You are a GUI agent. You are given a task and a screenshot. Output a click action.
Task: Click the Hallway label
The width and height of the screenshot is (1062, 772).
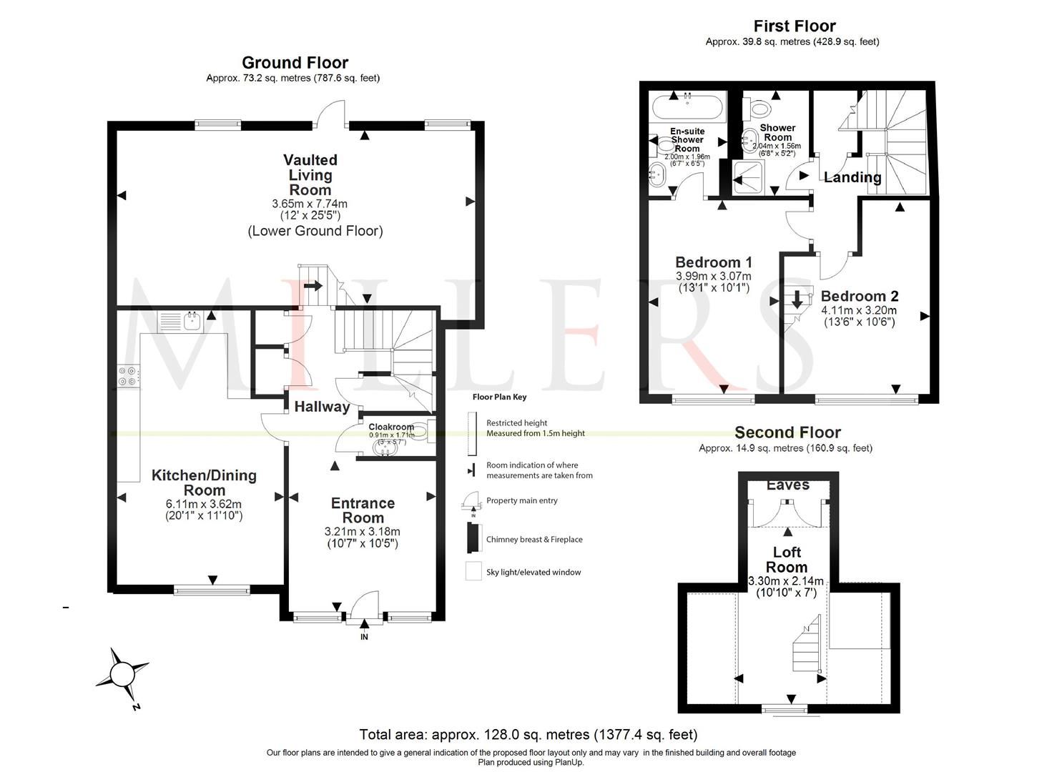322,407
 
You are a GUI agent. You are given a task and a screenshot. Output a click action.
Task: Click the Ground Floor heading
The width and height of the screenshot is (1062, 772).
295,63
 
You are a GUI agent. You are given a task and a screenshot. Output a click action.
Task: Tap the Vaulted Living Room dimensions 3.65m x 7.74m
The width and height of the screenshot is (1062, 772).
310,204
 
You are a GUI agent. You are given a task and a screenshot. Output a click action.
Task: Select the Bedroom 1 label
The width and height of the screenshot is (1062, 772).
713,262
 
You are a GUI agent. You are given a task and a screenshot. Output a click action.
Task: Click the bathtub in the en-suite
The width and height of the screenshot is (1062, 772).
687,108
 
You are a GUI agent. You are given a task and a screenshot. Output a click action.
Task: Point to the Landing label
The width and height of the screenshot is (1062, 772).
852,177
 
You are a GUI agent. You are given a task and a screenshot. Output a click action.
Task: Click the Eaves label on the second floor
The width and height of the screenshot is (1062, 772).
787,485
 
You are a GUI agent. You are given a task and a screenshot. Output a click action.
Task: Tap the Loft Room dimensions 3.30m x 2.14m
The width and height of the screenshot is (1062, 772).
785,580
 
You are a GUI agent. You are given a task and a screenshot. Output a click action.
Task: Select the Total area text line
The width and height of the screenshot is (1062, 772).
528,734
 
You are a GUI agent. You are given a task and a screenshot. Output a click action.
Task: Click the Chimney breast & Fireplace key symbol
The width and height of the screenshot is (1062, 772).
472,538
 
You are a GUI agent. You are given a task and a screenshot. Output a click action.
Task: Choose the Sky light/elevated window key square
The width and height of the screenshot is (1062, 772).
473,572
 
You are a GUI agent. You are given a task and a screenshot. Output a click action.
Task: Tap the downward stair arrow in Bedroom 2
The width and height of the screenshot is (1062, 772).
797,300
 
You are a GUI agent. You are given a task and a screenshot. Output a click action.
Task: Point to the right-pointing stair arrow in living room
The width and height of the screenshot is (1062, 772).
313,286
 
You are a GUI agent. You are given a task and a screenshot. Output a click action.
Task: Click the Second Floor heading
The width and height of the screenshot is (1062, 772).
787,432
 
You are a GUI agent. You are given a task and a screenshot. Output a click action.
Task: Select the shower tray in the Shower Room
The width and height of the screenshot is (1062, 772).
749,176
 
